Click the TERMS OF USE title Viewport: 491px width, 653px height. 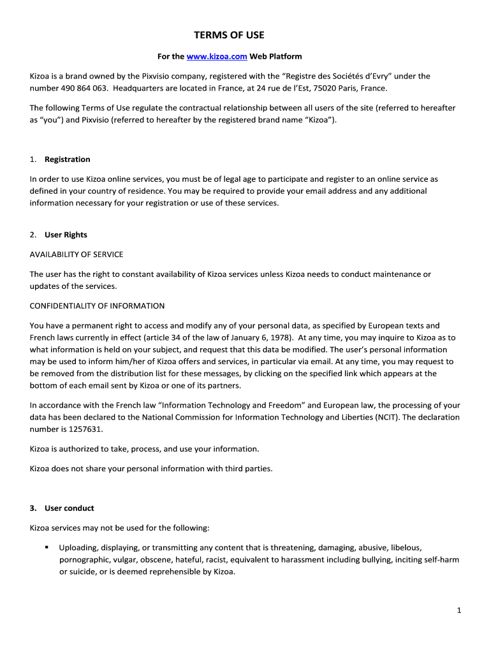229,35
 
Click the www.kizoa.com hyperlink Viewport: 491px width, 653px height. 217,57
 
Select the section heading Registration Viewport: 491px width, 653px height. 67,159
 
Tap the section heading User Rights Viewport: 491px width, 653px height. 66,235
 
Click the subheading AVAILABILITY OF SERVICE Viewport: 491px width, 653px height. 77,254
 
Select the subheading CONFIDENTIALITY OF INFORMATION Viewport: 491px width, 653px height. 97,305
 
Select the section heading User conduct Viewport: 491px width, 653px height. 69,508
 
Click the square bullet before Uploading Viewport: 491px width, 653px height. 47,547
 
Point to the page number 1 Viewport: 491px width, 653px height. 458,610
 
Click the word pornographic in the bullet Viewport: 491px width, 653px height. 84,559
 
